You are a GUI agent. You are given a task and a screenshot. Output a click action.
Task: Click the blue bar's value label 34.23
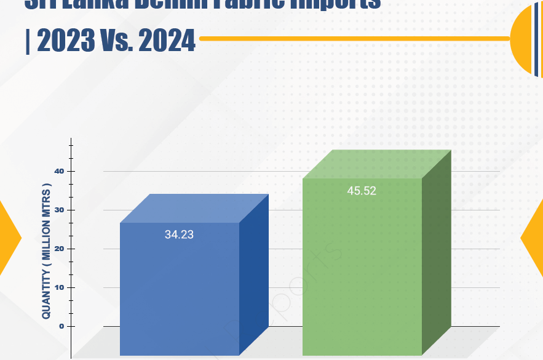tap(179, 234)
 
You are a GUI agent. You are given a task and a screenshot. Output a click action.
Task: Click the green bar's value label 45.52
tap(361, 191)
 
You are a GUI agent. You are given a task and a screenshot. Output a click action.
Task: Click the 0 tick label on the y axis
tap(61, 326)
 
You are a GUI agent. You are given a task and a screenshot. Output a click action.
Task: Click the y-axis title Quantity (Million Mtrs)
tap(46, 250)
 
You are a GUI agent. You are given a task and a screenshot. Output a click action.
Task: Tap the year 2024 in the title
tap(166, 41)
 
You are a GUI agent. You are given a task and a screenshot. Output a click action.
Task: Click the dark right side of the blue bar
tap(253, 277)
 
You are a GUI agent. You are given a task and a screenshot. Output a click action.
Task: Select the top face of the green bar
tap(378, 164)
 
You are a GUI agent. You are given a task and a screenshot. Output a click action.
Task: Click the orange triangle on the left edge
tap(9, 237)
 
